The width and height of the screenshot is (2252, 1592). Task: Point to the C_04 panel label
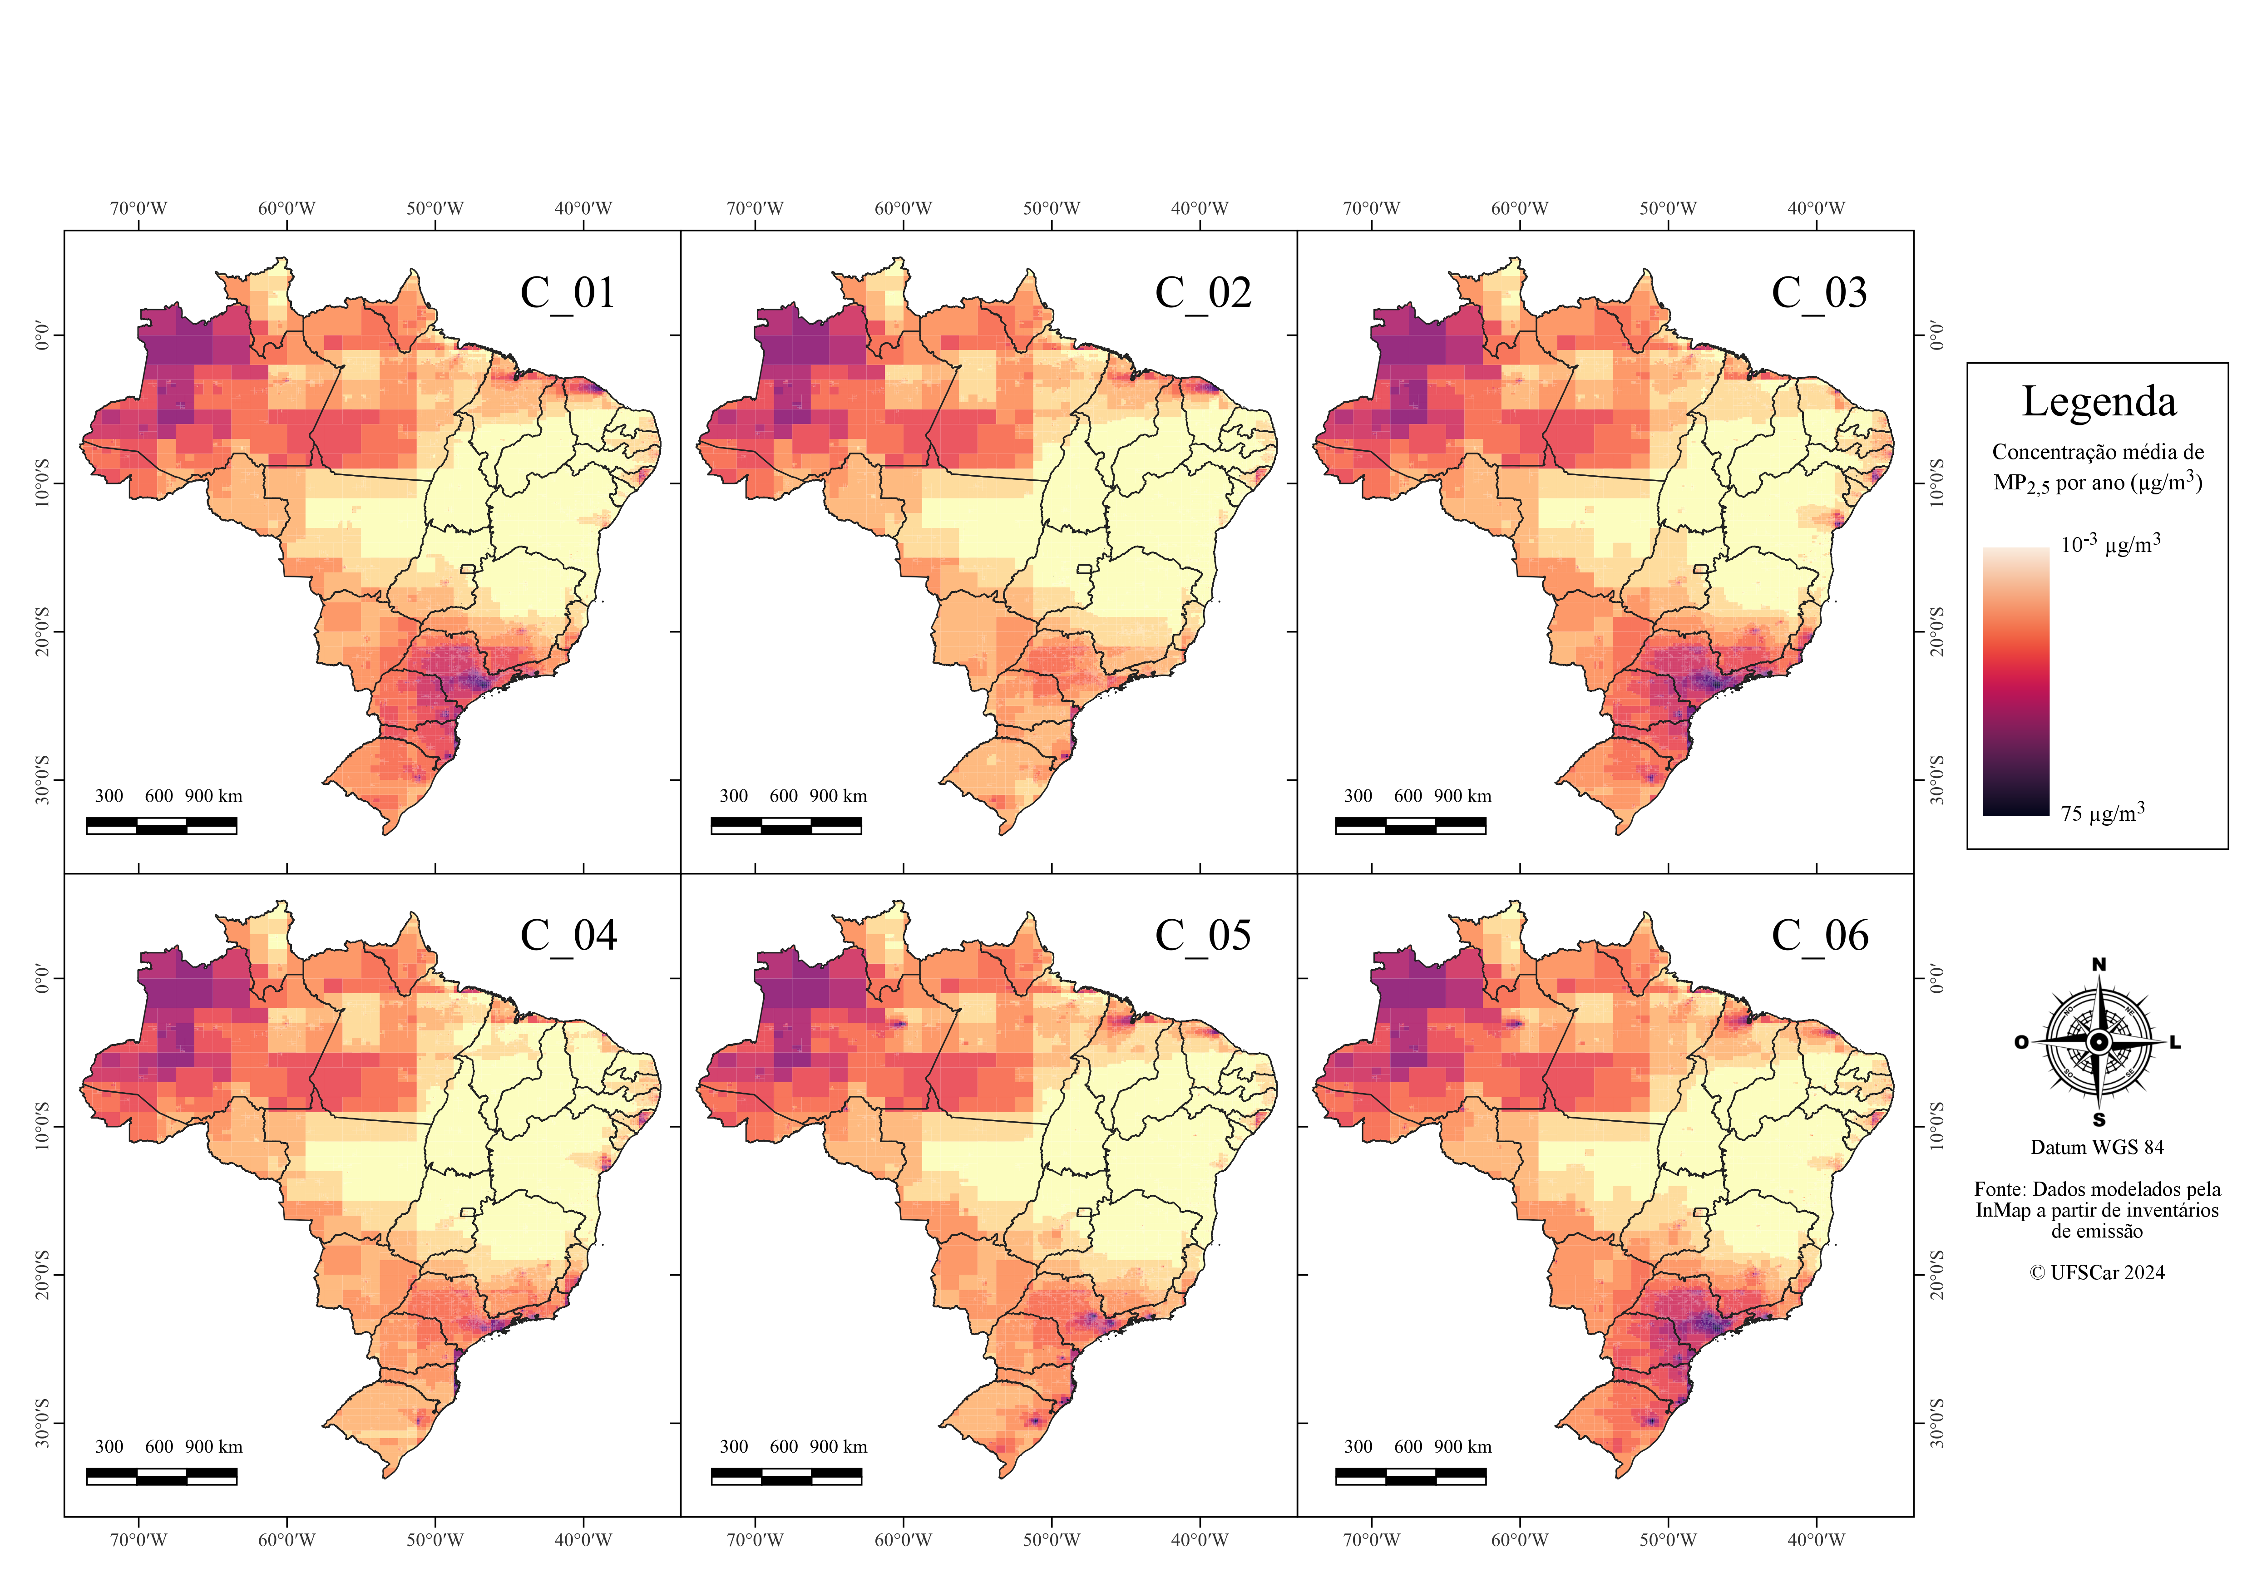click(568, 936)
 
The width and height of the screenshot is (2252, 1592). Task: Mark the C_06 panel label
click(1819, 936)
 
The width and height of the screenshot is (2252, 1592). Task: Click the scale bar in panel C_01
click(162, 825)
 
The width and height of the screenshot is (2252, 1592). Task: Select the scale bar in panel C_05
click(785, 1476)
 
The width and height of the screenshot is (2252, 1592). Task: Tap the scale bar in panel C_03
click(1410, 825)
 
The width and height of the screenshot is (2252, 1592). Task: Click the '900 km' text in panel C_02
click(839, 795)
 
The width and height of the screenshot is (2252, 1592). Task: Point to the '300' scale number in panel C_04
click(109, 1447)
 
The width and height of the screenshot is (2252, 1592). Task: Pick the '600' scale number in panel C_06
click(1407, 1447)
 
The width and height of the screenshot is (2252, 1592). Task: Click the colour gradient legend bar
click(2015, 681)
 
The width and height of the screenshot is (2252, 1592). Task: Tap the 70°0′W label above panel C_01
click(138, 208)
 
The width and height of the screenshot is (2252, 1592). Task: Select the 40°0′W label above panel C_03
click(1816, 208)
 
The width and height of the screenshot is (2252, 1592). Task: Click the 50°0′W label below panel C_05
click(1052, 1539)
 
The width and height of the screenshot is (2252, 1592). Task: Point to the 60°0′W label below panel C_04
click(286, 1539)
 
